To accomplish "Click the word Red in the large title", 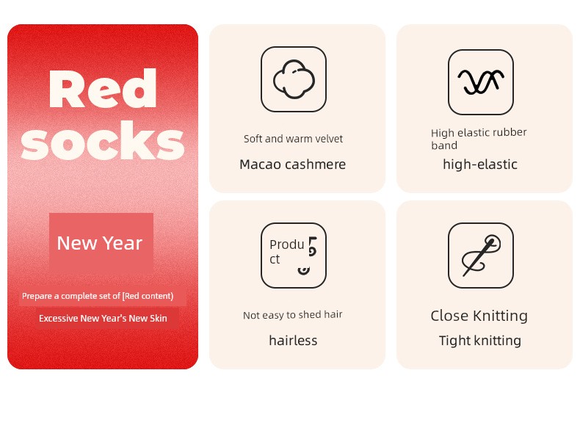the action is click(103, 88).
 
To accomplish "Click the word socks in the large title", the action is click(103, 141).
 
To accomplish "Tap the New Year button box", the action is click(101, 243).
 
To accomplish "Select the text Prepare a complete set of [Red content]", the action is click(98, 296).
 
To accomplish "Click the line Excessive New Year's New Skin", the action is click(103, 318).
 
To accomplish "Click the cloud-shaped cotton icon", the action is click(294, 79).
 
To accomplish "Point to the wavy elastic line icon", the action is click(480, 81).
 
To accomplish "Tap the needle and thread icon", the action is click(481, 256).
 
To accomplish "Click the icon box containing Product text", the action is click(294, 256).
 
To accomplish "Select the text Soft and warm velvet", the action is click(293, 139).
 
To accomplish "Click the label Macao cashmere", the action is click(293, 164).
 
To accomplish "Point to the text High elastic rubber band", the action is click(479, 139).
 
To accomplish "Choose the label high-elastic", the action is click(480, 164).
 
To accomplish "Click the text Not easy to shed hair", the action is click(293, 315).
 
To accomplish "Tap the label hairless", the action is click(293, 340).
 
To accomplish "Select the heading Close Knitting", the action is click(479, 316).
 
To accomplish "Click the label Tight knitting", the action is click(480, 341).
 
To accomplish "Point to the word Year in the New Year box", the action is click(123, 243).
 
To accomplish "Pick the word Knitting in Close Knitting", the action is click(501, 316).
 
